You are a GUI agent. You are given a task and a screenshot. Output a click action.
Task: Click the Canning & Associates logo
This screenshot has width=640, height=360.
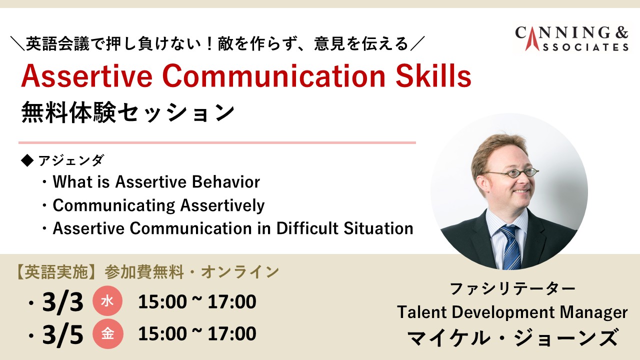(x=571, y=39)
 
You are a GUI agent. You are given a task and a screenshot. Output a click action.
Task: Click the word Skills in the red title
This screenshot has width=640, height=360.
(x=433, y=76)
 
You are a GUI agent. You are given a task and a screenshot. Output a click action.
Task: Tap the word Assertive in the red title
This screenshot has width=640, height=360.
(x=87, y=76)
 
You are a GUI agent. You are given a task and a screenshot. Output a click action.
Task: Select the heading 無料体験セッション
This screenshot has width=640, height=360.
(x=127, y=112)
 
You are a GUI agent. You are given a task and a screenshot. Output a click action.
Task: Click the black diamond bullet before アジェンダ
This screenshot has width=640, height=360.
(x=27, y=160)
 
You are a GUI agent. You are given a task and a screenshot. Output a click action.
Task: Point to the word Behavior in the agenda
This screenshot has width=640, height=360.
(x=226, y=181)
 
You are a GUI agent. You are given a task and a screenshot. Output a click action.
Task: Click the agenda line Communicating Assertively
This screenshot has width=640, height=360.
(x=158, y=205)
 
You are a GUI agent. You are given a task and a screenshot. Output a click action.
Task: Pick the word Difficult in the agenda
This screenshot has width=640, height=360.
(x=307, y=228)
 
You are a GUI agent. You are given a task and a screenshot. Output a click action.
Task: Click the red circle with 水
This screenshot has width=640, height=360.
(x=107, y=301)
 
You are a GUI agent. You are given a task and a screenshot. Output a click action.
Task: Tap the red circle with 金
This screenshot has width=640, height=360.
(x=107, y=333)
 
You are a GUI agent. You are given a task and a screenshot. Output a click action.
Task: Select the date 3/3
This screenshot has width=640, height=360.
(x=63, y=301)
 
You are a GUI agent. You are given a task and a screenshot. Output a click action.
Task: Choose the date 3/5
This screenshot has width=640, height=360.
(x=63, y=334)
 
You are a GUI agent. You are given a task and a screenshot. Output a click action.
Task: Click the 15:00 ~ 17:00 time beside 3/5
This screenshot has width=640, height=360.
(x=197, y=333)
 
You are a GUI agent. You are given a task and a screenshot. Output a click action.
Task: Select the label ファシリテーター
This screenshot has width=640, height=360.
(x=512, y=288)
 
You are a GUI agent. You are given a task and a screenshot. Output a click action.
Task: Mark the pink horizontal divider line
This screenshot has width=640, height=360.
(x=217, y=142)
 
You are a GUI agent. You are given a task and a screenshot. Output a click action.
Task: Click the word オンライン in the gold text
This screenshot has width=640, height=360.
(x=240, y=271)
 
